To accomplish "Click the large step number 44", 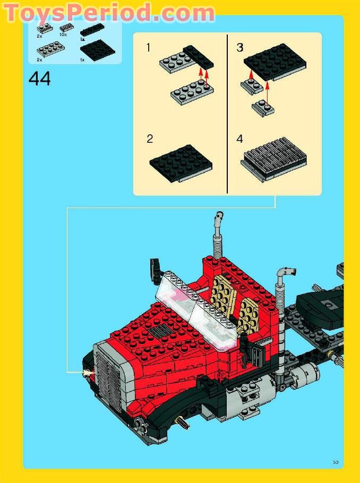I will tap(40, 79).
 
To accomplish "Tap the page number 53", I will tap(336, 462).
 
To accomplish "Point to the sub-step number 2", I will tap(150, 139).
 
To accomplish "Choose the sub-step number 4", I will tap(240, 139).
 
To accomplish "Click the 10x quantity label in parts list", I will tap(63, 34).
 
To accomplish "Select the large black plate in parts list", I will tap(97, 50).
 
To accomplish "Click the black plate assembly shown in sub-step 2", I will tap(181, 162).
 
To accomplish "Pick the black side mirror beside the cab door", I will tap(254, 351).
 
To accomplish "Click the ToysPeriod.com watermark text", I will tap(109, 12).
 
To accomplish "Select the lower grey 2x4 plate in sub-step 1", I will tap(191, 92).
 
